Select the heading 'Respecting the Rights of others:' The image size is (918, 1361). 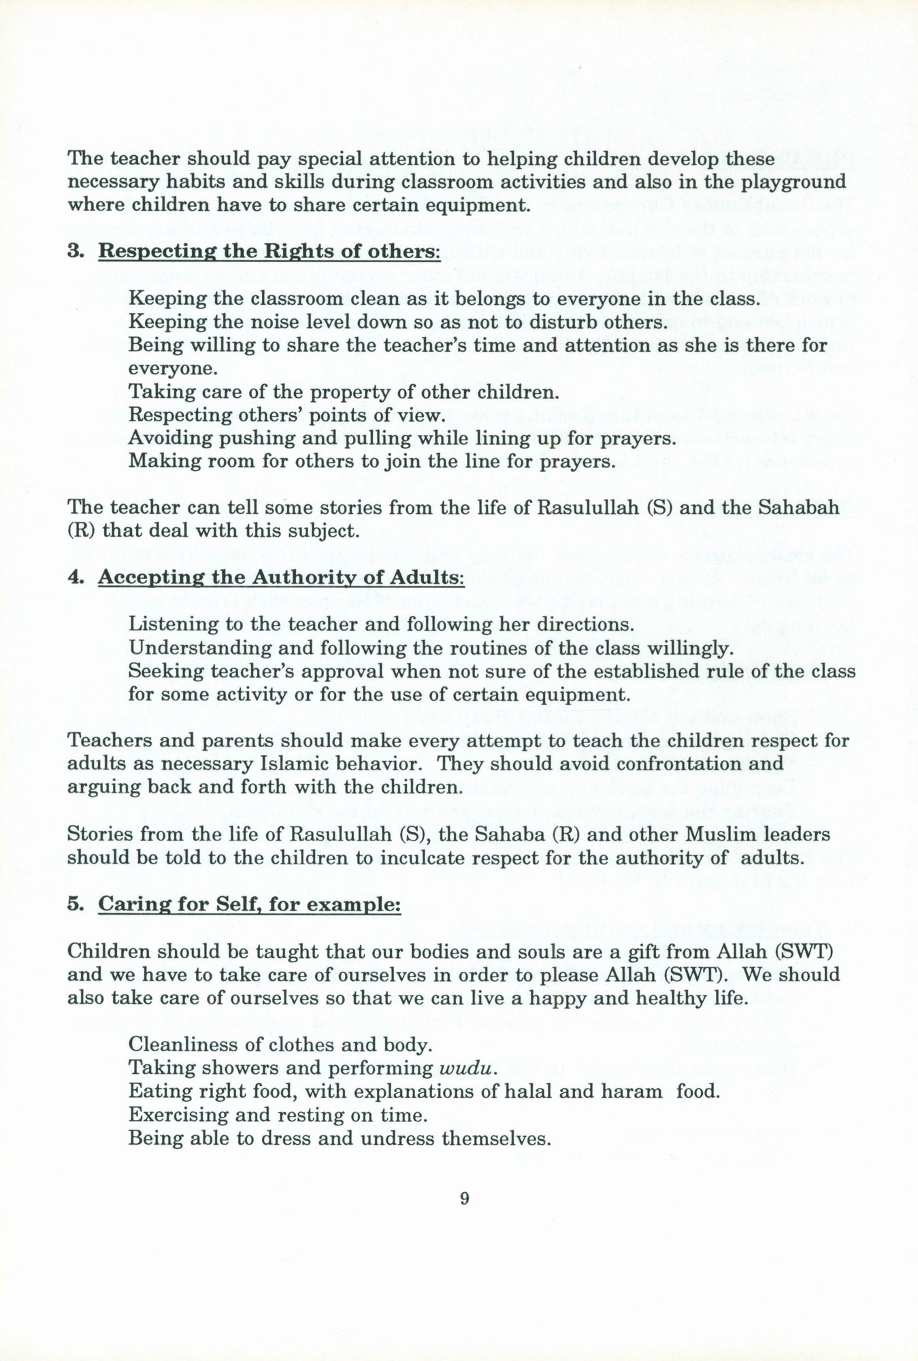click(269, 251)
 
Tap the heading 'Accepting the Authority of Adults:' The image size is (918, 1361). click(281, 577)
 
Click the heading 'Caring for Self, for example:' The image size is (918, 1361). click(249, 904)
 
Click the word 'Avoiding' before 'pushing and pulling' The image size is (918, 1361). click(171, 438)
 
